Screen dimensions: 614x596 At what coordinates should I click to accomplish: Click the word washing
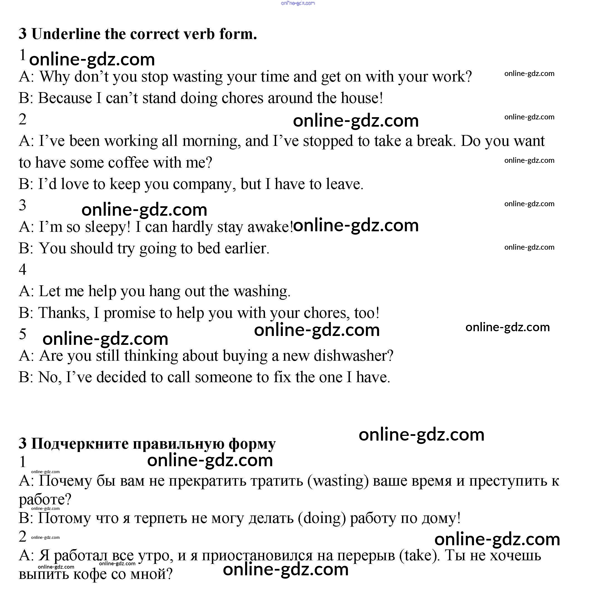coord(262,291)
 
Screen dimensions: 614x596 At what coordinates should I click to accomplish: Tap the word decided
coord(121,377)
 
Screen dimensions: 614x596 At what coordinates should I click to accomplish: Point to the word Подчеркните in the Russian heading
coord(80,444)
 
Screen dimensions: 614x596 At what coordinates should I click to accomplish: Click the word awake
coord(269,227)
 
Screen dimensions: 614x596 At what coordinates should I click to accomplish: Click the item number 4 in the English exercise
coord(23,269)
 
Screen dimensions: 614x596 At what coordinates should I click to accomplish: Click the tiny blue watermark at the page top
coord(298,3)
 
